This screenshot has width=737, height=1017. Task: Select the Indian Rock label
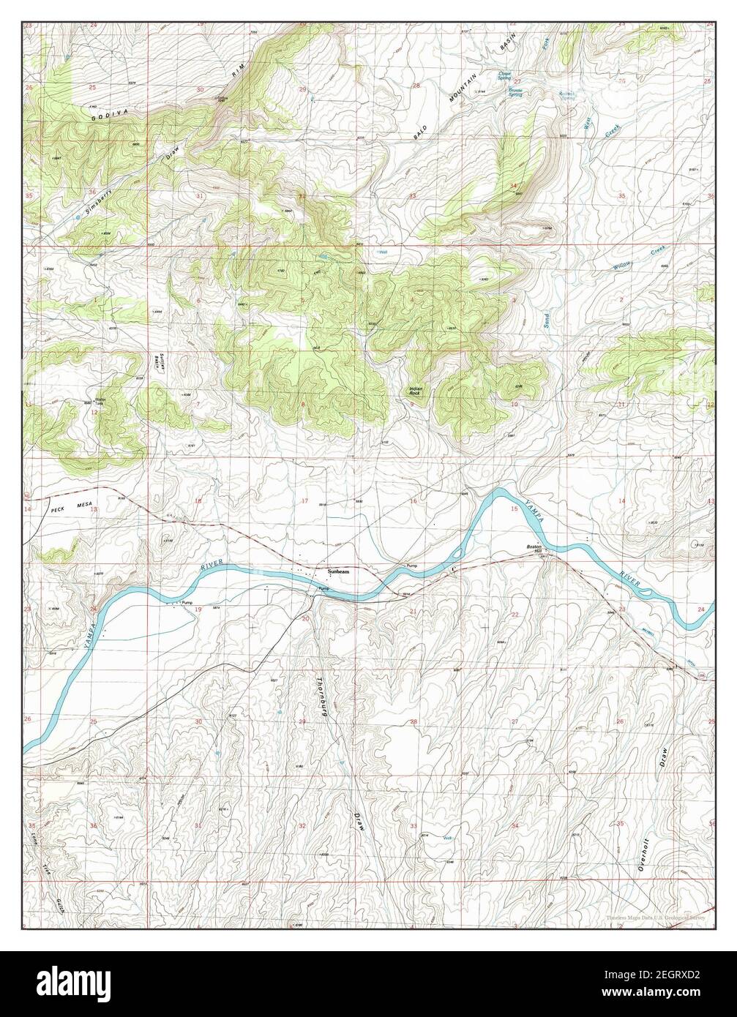click(416, 391)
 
